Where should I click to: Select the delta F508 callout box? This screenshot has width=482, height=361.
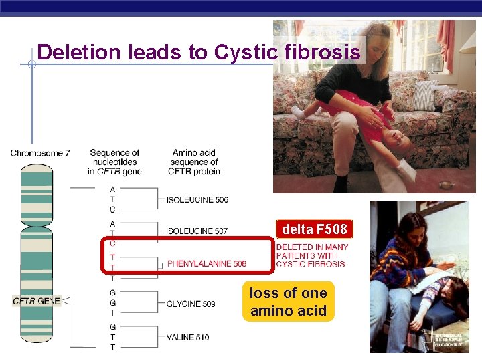314,229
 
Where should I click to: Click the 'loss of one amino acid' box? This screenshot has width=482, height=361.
288,302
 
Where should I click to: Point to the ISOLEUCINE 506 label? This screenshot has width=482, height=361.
197,200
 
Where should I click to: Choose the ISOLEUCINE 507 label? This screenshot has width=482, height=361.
197,231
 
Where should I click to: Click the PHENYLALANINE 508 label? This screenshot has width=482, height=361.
206,263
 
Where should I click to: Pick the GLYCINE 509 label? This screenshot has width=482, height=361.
191,304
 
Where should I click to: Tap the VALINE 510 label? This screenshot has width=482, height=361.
187,337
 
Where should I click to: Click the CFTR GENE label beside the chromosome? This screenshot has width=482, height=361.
37,301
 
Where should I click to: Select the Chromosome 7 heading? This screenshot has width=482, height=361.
40,154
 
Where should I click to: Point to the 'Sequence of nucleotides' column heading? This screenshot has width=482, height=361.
114,162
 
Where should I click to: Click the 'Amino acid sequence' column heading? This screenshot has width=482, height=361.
195,162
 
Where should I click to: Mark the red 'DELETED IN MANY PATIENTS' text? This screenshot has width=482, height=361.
312,255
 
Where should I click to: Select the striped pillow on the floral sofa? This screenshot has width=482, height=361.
425,94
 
